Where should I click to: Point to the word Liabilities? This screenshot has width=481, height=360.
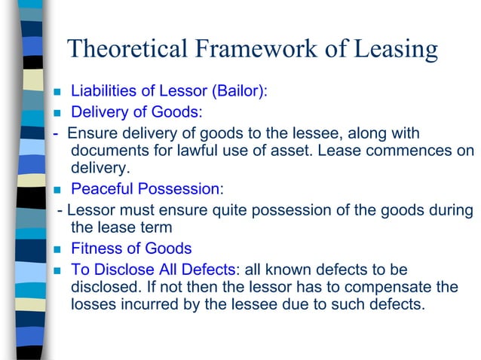click(100, 92)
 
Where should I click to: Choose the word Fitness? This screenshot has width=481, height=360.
click(94, 249)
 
